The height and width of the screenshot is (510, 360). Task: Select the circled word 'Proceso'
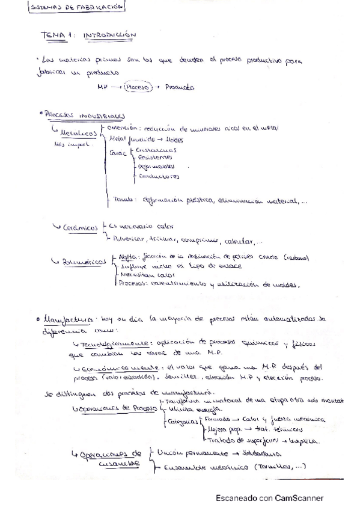tap(137, 87)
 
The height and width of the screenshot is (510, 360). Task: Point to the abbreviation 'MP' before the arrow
tap(102, 87)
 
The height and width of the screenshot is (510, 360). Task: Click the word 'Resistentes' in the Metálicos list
tap(155, 157)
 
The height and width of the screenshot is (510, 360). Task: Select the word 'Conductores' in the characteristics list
tap(159, 177)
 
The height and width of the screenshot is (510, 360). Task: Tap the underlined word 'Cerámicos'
tap(81, 228)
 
